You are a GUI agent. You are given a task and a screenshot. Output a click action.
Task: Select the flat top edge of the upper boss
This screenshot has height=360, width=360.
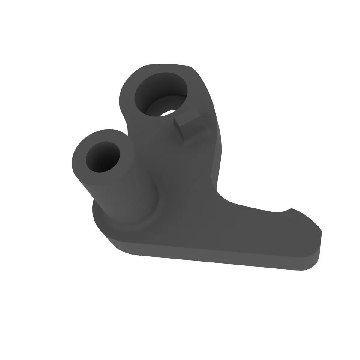171,64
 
